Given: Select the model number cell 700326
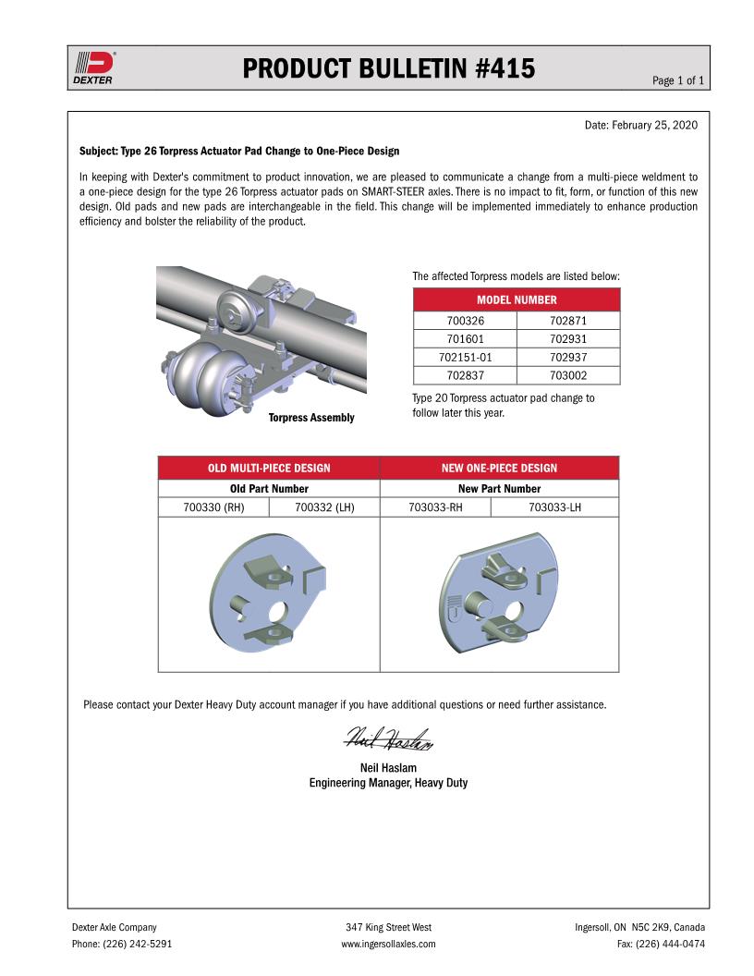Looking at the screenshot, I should (x=465, y=322).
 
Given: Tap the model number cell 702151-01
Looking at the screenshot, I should (x=465, y=358).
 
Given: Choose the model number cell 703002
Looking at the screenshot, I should (x=568, y=375).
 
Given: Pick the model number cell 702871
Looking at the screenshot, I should (x=568, y=322).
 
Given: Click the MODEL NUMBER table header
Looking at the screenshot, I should (x=517, y=300).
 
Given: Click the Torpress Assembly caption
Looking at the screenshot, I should (x=311, y=418).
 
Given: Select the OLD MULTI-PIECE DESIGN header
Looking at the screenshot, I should (x=269, y=468).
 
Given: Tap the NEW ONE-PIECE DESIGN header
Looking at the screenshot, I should (x=499, y=468).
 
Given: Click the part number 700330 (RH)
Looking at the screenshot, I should (x=213, y=506).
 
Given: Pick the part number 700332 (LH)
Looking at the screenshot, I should (x=324, y=506).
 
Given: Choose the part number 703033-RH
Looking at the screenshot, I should (x=435, y=506).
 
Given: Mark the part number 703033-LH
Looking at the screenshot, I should (x=554, y=506).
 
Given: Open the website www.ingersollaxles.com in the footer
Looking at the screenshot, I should (x=388, y=944).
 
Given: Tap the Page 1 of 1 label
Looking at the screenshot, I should (x=678, y=81).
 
